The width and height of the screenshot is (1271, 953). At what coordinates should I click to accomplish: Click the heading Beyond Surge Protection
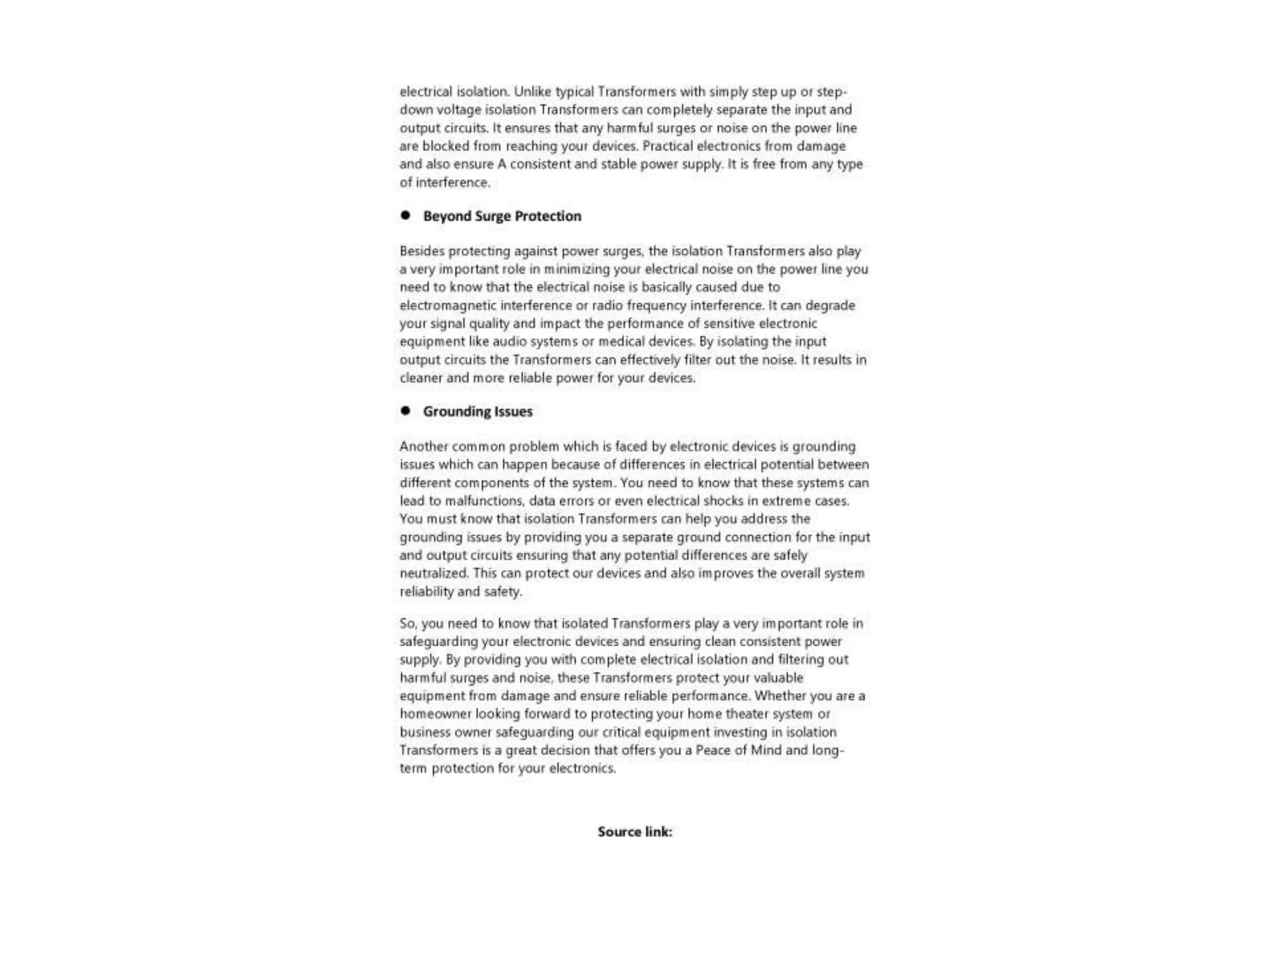(x=502, y=216)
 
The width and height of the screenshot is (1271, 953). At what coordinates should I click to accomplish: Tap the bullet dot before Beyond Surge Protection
(x=405, y=215)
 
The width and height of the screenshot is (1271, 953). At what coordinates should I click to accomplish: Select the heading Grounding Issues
(x=478, y=411)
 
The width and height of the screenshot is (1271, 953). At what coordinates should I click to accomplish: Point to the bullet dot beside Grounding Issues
(x=405, y=411)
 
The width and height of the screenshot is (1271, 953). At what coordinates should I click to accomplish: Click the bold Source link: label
(x=635, y=831)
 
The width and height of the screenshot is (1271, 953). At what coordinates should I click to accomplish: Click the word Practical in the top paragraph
(x=667, y=146)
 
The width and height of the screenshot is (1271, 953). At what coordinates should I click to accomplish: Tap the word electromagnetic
(x=447, y=305)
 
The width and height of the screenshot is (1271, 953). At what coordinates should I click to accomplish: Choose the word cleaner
(x=420, y=378)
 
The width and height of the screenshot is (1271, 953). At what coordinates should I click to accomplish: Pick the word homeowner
(x=435, y=714)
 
